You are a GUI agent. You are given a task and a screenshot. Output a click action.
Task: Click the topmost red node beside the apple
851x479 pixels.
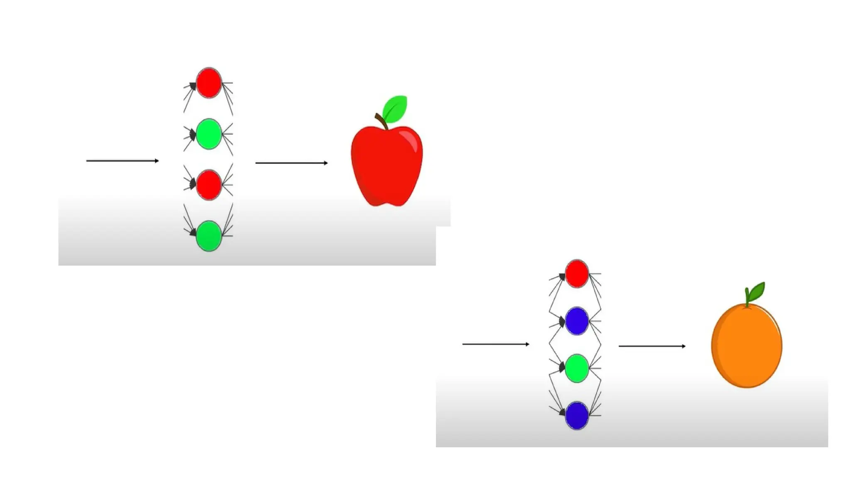(208, 83)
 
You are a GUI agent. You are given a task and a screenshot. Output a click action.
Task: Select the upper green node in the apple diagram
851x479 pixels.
(208, 134)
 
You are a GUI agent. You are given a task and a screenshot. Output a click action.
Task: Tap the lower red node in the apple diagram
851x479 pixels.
(208, 185)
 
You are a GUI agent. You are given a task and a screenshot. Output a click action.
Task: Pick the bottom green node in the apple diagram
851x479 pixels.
(208, 236)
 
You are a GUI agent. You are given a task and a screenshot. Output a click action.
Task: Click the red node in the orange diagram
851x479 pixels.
(577, 274)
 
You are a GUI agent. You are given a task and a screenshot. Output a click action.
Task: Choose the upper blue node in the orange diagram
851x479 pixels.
(577, 321)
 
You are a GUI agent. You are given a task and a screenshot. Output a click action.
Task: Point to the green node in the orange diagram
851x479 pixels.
(577, 368)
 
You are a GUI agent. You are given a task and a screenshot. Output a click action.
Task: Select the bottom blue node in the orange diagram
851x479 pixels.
(577, 415)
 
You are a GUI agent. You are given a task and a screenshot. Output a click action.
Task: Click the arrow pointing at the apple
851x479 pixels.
(291, 163)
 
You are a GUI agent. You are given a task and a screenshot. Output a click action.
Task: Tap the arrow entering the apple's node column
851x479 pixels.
(122, 160)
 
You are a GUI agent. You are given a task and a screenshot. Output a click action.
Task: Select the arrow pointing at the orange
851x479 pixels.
(652, 346)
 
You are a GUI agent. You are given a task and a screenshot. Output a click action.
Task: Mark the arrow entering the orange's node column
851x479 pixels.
(495, 344)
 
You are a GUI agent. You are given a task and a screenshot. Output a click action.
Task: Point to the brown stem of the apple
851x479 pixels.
(381, 121)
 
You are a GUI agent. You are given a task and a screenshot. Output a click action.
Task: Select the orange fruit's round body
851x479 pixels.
(746, 346)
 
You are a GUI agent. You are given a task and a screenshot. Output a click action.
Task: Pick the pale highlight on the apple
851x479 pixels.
(411, 139)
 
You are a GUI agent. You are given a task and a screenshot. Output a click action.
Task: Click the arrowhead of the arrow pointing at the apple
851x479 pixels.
(326, 163)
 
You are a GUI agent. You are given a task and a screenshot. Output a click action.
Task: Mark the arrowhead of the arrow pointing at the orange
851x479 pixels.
(684, 346)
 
